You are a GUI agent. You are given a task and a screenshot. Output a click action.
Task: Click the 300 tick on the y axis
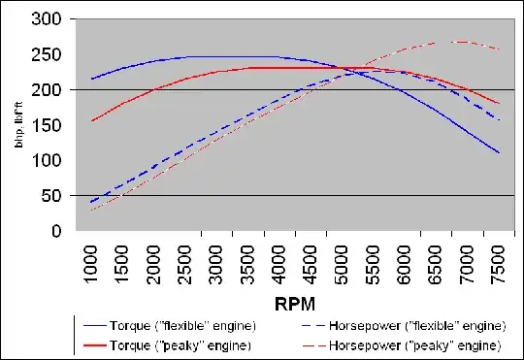coord(52,19)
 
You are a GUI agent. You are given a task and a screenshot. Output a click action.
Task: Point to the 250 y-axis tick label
coord(52,54)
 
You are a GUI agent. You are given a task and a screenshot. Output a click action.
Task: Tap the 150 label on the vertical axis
coord(52,125)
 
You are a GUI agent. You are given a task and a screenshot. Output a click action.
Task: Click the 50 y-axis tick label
coord(56,196)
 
